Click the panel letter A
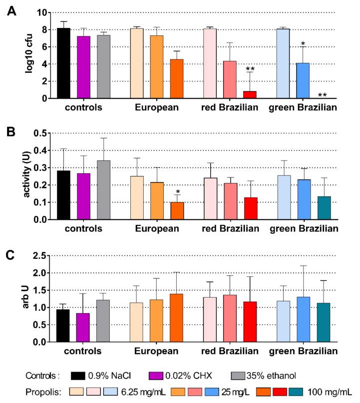coord(10,9)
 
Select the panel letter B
coord(10,133)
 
